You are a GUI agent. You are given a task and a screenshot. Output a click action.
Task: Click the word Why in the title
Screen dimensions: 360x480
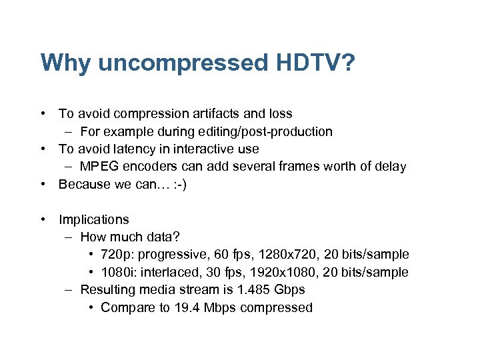point(64,63)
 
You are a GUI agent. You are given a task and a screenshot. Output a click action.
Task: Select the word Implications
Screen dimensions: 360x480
point(93,219)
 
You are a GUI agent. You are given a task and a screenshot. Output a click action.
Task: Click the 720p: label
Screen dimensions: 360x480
point(115,255)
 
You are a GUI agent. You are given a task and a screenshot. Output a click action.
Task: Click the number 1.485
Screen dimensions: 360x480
point(251,290)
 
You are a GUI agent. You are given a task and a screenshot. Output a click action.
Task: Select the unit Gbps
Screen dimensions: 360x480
point(289,290)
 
